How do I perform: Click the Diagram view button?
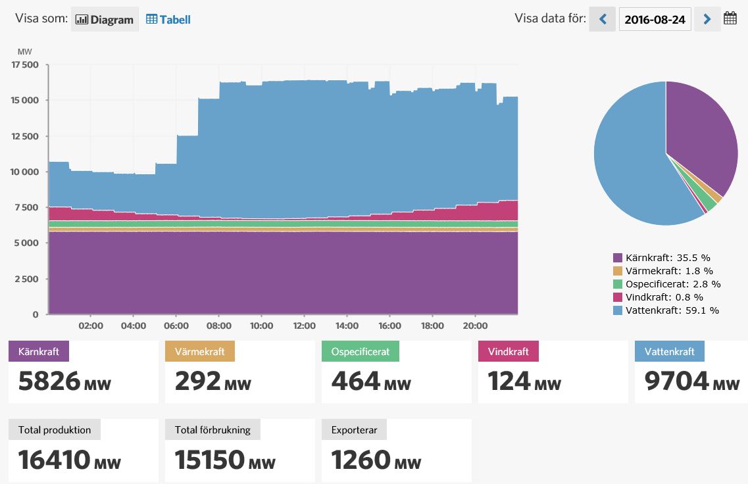click(105, 20)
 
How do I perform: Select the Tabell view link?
click(168, 20)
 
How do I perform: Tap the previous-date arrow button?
click(602, 19)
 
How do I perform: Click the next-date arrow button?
click(707, 19)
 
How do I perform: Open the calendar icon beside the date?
click(730, 18)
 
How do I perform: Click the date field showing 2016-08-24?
click(655, 20)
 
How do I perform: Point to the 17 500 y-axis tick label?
click(25, 65)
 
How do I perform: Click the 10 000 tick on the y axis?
click(25, 172)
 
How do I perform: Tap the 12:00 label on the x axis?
click(304, 326)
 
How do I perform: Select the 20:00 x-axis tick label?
click(475, 326)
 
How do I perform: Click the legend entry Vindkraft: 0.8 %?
click(664, 297)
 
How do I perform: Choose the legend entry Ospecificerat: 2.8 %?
click(672, 284)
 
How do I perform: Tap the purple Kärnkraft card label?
click(39, 351)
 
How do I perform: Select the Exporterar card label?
click(354, 430)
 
